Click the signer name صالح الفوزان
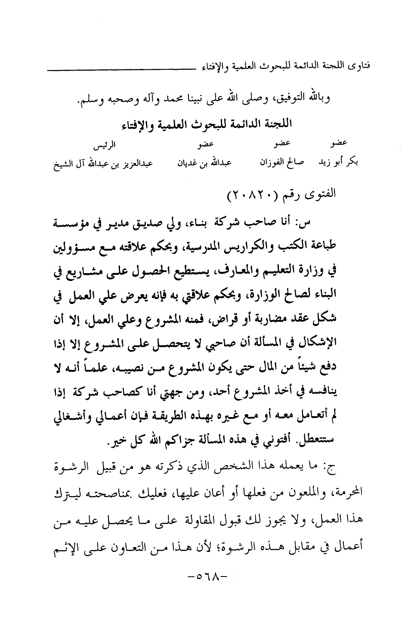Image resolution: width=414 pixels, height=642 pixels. [x=282, y=162]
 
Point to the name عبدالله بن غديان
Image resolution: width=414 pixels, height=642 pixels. [x=204, y=163]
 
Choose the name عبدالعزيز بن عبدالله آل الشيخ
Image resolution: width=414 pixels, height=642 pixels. [x=103, y=164]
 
